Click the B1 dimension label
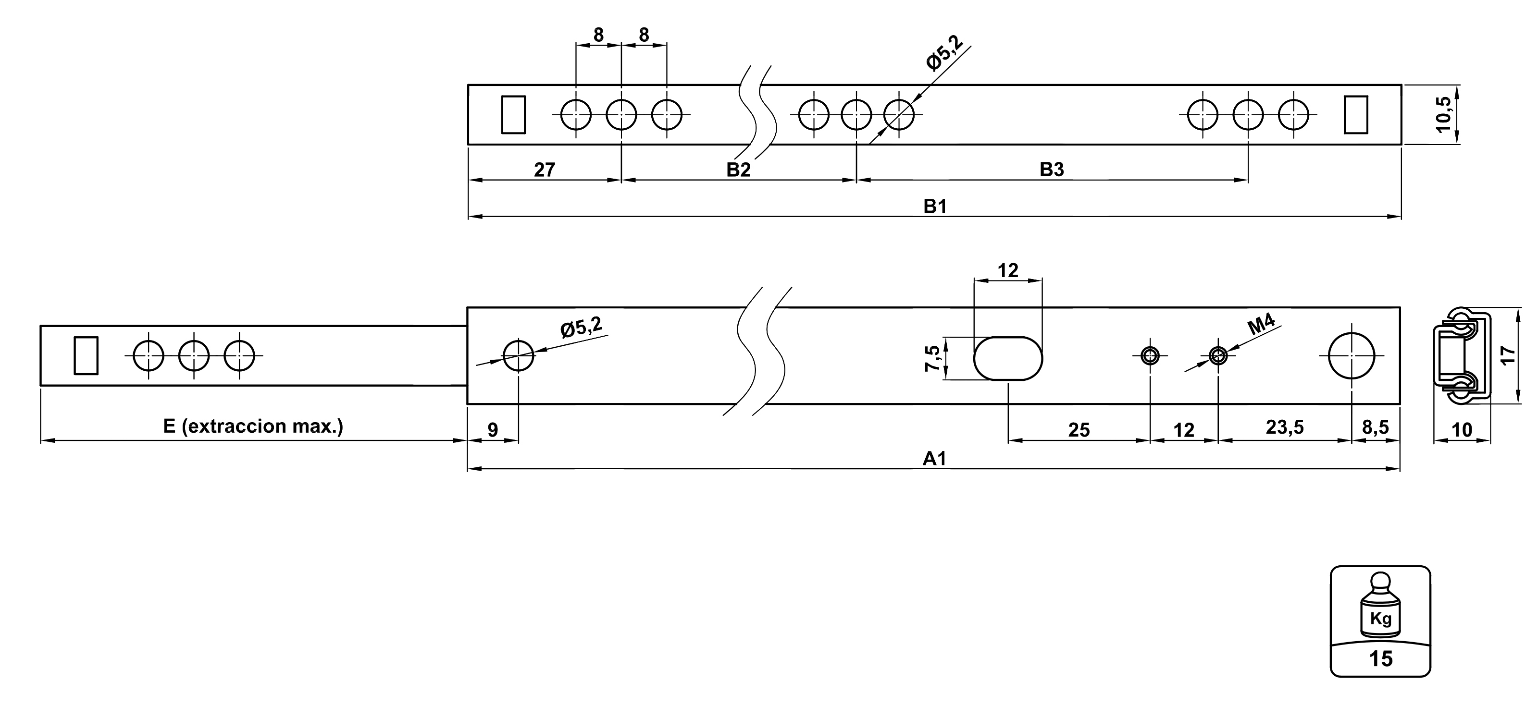[935, 207]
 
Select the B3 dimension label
[1052, 170]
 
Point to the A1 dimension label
[934, 459]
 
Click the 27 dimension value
[544, 170]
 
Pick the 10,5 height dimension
[1444, 115]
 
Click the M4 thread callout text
[1261, 325]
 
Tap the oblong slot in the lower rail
[1008, 358]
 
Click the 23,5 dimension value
[1284, 427]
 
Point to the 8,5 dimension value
[1375, 427]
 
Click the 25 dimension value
[1078, 430]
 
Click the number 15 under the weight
[1380, 659]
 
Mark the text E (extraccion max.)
[253, 426]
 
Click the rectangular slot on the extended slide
[86, 356]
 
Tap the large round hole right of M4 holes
[1351, 356]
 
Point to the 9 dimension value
[493, 430]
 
